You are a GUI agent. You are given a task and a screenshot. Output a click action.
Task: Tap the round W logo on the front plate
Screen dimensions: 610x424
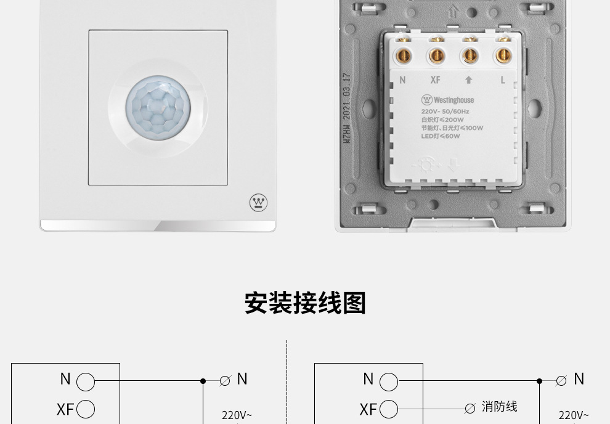pos(258,202)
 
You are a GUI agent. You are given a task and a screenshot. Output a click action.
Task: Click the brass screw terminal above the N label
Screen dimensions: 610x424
pos(403,56)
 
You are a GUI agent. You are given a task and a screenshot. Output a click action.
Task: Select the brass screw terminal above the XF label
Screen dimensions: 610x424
pos(436,56)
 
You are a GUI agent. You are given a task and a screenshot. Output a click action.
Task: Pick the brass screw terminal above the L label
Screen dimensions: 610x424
pos(502,56)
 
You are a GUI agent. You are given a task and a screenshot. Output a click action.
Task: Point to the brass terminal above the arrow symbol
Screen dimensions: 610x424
pos(470,56)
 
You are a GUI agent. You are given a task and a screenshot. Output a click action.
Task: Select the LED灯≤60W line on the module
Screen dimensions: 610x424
pos(441,136)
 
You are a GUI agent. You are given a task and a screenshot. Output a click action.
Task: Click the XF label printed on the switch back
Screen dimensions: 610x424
pos(435,80)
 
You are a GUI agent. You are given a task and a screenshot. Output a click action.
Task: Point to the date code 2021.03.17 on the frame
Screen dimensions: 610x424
pos(346,101)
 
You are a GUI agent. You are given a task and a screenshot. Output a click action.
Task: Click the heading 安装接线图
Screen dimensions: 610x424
pos(305,303)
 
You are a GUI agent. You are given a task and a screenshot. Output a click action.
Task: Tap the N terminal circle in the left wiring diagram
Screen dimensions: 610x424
pos(86,382)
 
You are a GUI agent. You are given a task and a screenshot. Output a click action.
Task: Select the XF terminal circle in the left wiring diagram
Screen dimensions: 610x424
pos(86,409)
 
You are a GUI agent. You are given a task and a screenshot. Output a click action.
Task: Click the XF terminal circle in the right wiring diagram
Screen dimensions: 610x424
pos(389,409)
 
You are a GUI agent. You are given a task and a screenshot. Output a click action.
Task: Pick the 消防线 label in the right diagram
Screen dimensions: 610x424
pos(499,407)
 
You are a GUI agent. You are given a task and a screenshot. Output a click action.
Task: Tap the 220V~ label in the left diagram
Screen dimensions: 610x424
pos(237,415)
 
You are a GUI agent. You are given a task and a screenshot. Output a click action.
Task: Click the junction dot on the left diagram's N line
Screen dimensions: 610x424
pos(203,381)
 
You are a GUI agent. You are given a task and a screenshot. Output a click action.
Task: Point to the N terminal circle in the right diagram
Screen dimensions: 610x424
pos(389,382)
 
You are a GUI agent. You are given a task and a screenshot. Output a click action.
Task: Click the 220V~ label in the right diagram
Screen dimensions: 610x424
pos(574,415)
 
